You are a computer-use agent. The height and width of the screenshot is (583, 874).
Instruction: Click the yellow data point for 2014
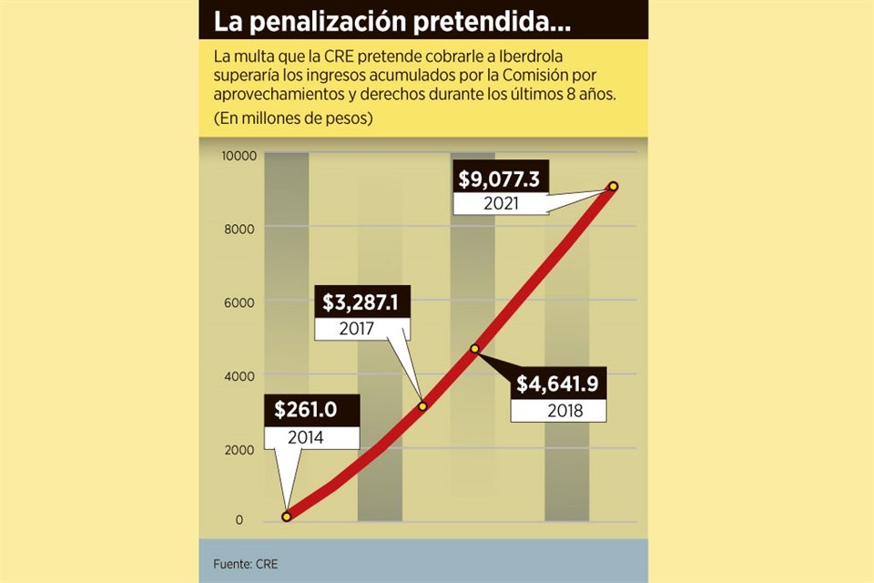point(287,517)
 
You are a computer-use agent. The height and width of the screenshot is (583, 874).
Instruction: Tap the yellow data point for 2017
point(422,406)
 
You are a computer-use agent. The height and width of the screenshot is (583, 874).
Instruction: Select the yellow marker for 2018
point(474,349)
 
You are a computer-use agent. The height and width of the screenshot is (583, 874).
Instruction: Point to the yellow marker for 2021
point(613,186)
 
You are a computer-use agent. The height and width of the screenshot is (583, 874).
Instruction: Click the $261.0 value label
point(306,410)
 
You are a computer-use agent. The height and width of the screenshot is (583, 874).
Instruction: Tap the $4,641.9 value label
point(557,384)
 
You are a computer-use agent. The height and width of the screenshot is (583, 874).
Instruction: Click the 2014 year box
point(306,436)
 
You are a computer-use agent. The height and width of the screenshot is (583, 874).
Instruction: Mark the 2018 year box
point(558,410)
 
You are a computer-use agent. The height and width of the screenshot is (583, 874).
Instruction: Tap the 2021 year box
point(501,203)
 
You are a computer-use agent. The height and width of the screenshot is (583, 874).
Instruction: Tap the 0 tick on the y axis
point(239,521)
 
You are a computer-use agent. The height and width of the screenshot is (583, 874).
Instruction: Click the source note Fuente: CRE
point(246,564)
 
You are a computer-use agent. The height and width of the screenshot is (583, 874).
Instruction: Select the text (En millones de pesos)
point(293,118)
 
